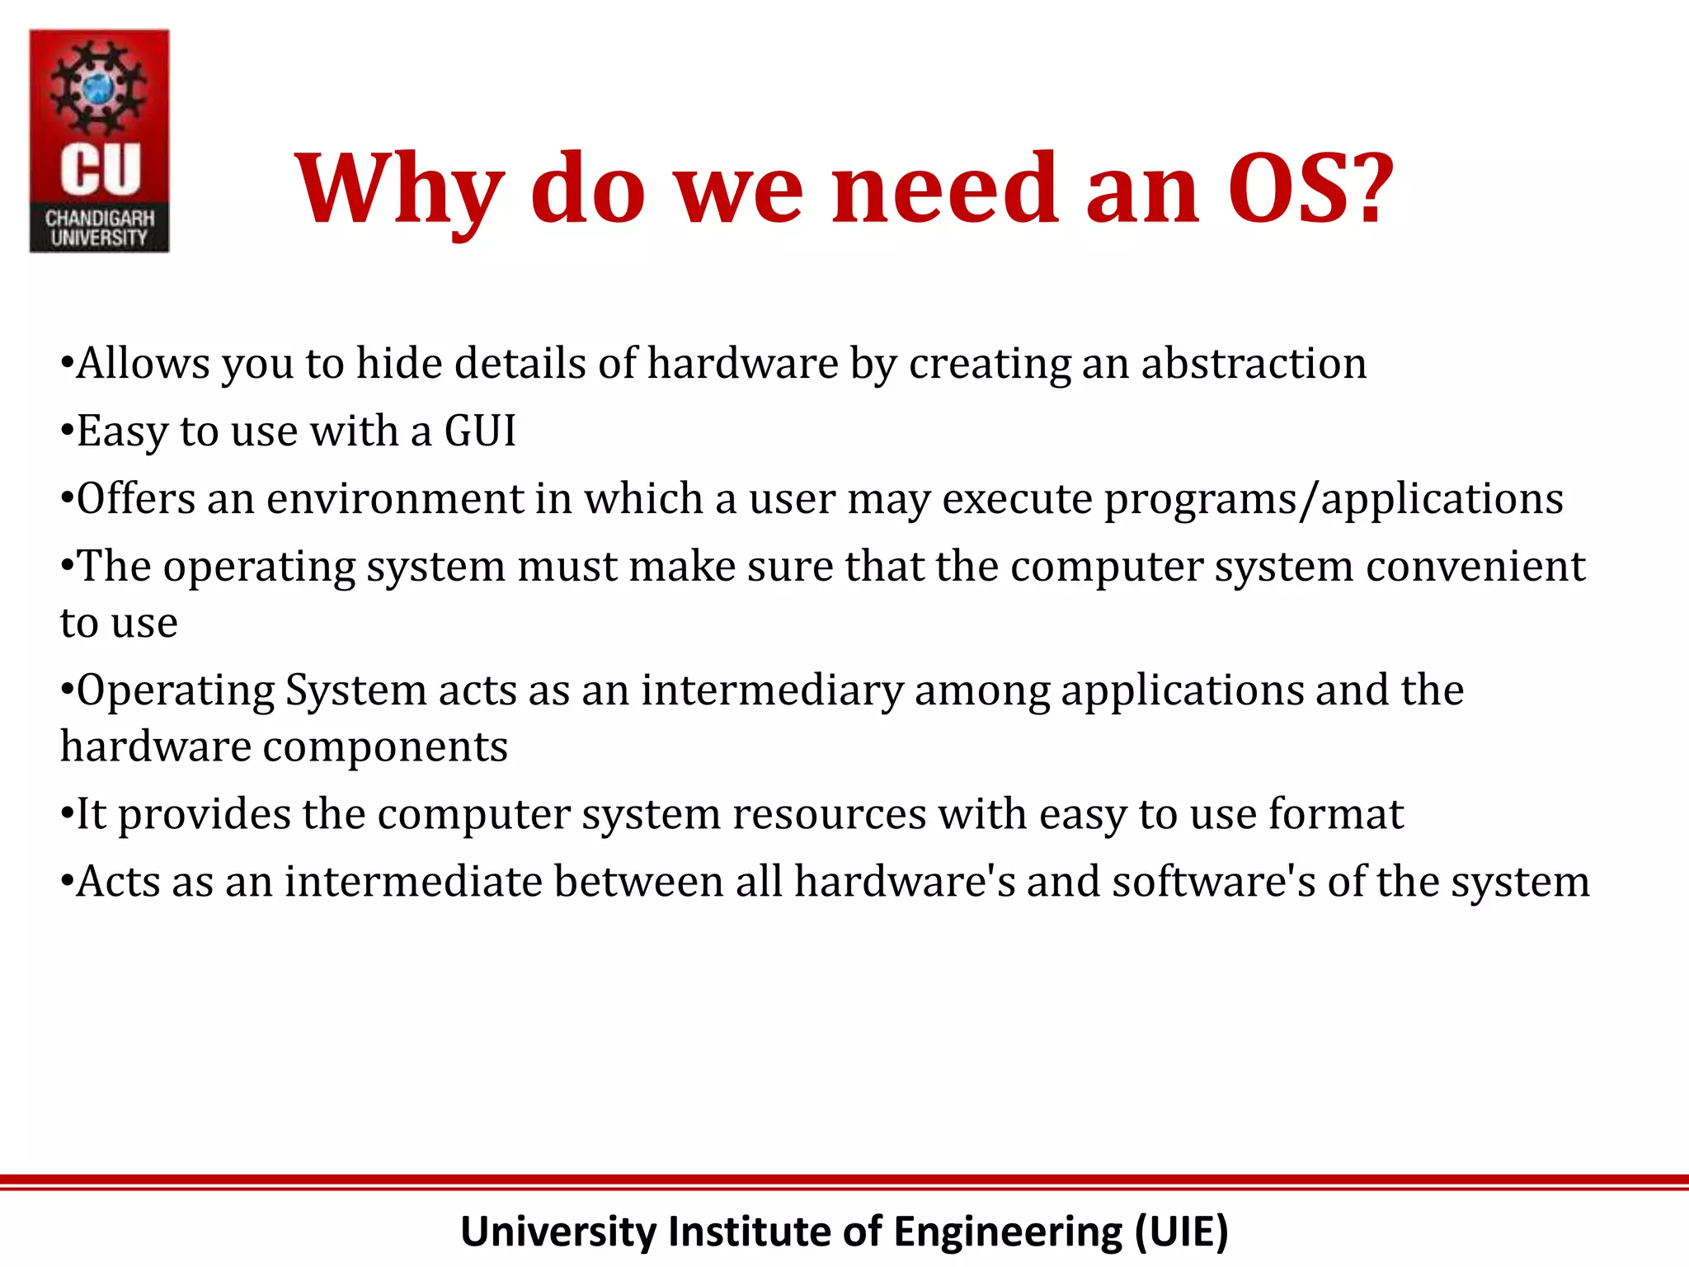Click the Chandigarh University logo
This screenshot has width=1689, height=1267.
click(x=99, y=140)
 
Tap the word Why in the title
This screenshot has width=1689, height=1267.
click(x=399, y=190)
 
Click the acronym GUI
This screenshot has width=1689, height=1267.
click(x=480, y=431)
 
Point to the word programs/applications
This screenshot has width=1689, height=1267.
click(x=1334, y=500)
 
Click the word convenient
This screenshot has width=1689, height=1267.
click(x=1475, y=567)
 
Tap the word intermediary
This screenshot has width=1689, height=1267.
click(x=773, y=690)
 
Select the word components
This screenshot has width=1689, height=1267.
click(x=385, y=747)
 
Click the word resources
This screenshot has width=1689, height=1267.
click(x=829, y=815)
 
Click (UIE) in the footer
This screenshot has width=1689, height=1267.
click(x=1181, y=1232)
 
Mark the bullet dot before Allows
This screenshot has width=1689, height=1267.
click(x=67, y=364)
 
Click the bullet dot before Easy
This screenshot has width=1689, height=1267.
click(x=67, y=431)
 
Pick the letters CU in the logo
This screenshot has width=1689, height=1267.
click(x=100, y=170)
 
